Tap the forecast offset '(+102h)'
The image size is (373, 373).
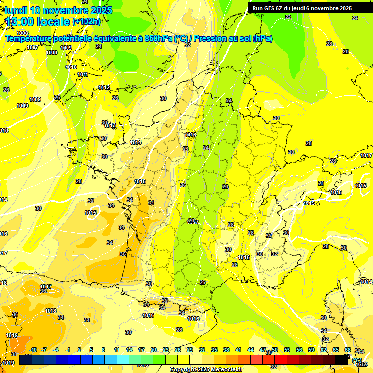click(x=86, y=21)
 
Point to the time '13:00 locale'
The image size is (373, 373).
click(x=37, y=21)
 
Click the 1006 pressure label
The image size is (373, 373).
click(x=22, y=33)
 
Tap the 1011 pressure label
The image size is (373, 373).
click(x=83, y=74)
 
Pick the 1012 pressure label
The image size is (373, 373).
click(x=104, y=87)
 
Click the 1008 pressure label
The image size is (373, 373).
click(x=51, y=52)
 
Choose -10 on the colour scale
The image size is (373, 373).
click(x=33, y=350)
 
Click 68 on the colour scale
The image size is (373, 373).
click(x=348, y=350)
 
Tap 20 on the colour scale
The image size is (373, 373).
click(x=153, y=350)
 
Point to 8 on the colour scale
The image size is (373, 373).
click(x=103, y=350)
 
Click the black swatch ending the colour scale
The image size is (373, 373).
click(x=341, y=359)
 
